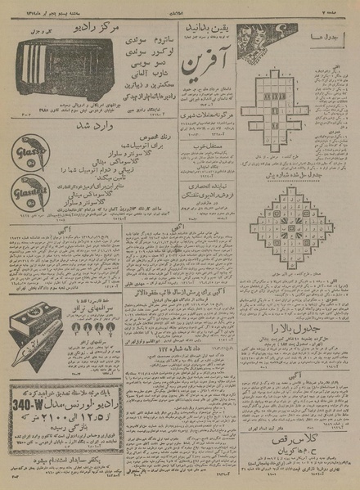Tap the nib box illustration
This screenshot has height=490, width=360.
[x=34, y=302]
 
